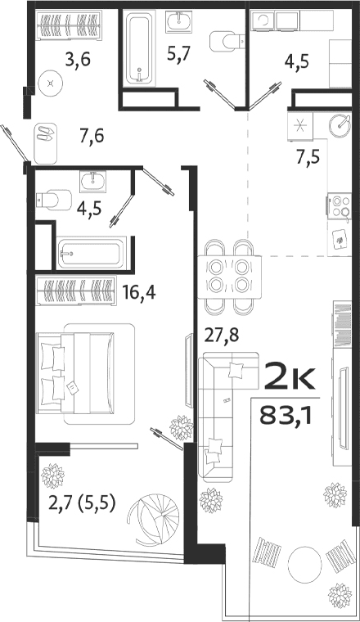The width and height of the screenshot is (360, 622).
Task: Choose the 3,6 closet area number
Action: click(x=78, y=60)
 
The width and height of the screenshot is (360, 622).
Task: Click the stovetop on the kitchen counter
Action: click(x=339, y=206)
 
